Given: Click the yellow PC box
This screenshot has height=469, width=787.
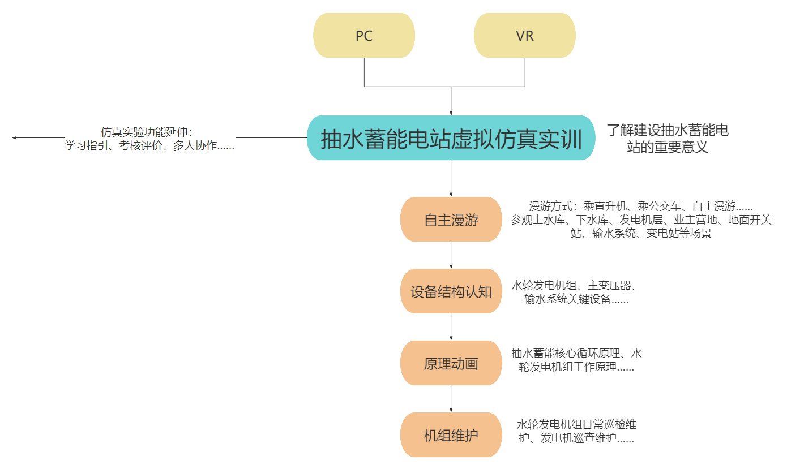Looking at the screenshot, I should point(364,36).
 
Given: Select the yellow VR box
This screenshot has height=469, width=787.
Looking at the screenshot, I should point(524,36).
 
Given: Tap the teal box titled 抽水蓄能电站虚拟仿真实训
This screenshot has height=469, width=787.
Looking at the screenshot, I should point(451,139).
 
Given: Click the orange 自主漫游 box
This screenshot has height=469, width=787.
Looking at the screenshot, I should point(451,220).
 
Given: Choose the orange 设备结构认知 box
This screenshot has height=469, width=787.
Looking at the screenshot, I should point(451,292).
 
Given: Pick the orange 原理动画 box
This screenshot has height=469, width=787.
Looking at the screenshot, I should point(451,363).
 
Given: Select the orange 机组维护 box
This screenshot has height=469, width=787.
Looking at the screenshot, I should point(451,435).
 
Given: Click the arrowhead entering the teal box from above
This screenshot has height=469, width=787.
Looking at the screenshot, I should point(451,113).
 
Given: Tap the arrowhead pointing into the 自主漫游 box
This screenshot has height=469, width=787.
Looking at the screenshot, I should point(451,194).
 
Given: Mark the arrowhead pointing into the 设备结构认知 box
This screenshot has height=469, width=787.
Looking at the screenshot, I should point(451,266).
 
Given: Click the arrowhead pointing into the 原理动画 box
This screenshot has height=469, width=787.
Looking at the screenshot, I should point(451,338).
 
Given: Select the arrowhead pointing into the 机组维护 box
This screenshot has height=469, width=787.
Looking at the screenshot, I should point(451,410).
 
